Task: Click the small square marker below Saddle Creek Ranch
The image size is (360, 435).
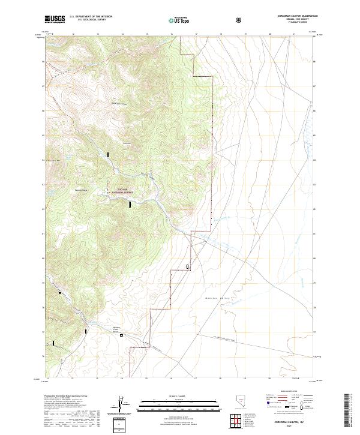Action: click(x=121, y=335)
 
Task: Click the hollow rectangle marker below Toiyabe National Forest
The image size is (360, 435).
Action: click(x=129, y=205)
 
